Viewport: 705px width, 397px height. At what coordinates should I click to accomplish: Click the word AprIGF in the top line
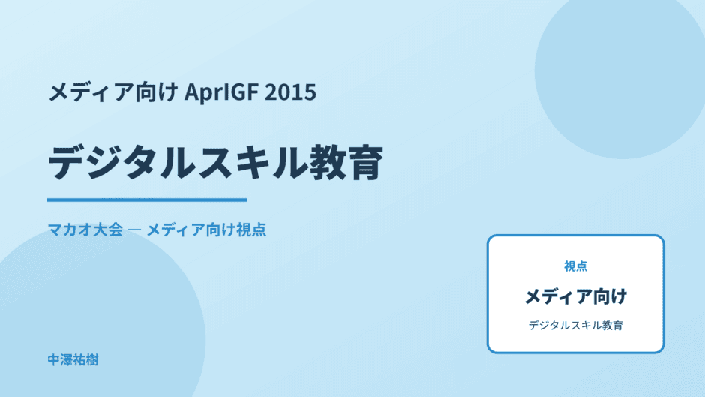(221, 92)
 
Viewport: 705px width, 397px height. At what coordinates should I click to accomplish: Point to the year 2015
(290, 92)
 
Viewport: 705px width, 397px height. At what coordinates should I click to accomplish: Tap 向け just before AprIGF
(157, 92)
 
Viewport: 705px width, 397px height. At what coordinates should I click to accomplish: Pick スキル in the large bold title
(253, 163)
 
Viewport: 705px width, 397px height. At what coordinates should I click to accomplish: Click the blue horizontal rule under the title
(147, 200)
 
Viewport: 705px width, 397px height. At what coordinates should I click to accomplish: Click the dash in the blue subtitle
(134, 230)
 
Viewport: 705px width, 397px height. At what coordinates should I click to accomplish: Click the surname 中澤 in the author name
(60, 360)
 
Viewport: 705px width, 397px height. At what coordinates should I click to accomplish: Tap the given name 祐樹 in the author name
(86, 360)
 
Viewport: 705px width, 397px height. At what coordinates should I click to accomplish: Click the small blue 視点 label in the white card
(575, 266)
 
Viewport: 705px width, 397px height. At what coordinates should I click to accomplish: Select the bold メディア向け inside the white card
(575, 296)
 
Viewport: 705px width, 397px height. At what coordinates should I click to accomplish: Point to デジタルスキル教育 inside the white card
(575, 326)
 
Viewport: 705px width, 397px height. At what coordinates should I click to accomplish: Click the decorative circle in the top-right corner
(620, 72)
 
